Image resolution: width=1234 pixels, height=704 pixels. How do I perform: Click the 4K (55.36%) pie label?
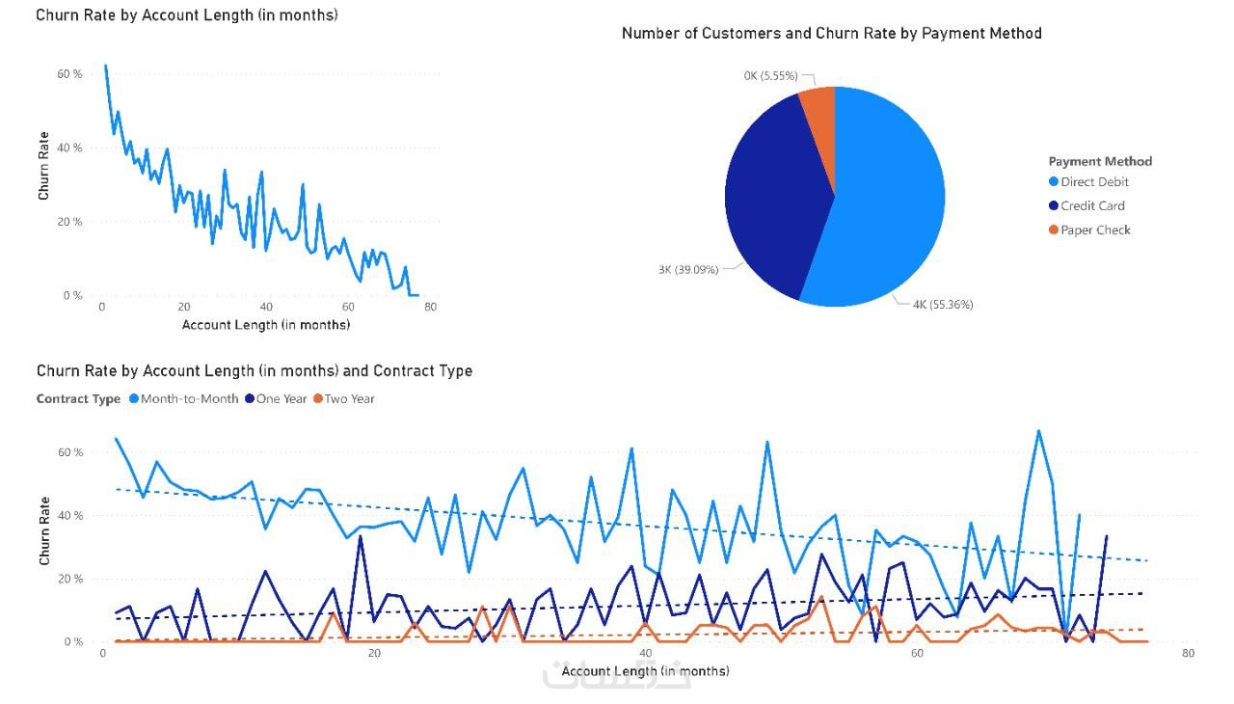click(x=943, y=305)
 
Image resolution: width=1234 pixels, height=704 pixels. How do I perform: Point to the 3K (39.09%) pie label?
click(x=688, y=270)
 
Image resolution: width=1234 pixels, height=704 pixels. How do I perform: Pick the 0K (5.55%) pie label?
click(x=770, y=75)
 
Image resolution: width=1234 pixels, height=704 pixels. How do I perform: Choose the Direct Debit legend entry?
click(x=1094, y=182)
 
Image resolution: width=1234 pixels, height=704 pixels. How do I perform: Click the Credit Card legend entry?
click(x=1092, y=206)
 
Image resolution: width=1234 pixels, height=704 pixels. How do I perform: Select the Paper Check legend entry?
click(x=1095, y=230)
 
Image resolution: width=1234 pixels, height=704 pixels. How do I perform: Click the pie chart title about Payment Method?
click(x=831, y=34)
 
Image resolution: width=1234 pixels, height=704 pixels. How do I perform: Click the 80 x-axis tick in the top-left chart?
click(x=430, y=308)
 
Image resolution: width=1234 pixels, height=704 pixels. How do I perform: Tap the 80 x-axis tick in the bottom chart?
click(x=1188, y=654)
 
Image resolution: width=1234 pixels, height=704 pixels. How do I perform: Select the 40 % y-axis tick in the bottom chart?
click(x=72, y=516)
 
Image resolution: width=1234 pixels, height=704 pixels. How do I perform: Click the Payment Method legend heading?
click(x=1100, y=161)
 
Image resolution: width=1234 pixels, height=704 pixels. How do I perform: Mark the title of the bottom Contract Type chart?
click(x=255, y=371)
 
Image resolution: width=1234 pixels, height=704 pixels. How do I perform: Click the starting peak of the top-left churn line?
click(x=105, y=67)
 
